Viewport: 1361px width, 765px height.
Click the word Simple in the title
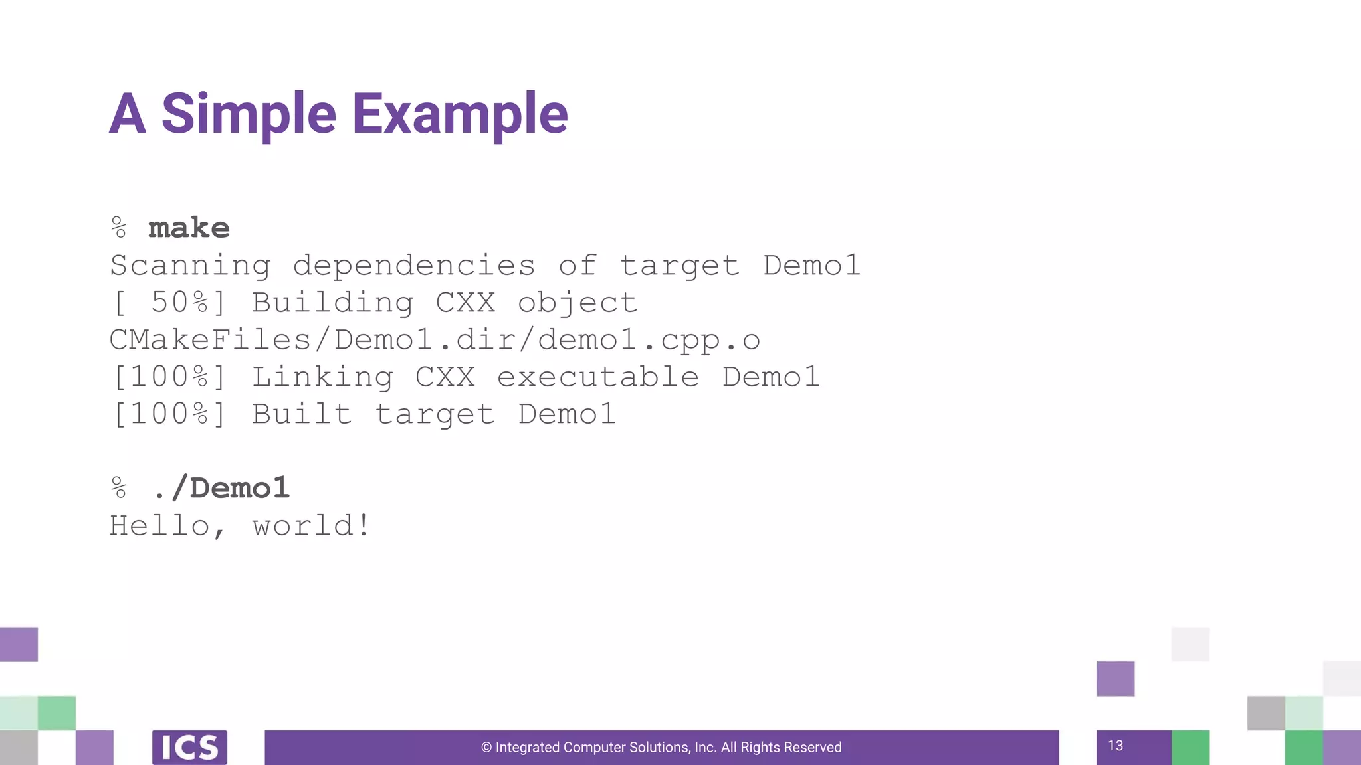tap(249, 114)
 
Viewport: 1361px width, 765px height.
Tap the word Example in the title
tap(460, 114)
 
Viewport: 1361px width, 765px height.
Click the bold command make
tap(189, 228)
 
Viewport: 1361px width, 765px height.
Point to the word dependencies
tap(414, 266)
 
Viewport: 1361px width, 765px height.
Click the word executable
tap(598, 377)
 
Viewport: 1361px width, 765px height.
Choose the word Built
tap(302, 414)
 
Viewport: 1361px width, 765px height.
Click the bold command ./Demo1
tap(221, 489)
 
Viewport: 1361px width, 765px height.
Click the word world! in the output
tap(311, 526)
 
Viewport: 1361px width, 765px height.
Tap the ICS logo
tap(189, 748)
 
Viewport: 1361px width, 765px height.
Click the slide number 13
tap(1116, 746)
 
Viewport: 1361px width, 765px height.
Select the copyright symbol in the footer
tap(486, 748)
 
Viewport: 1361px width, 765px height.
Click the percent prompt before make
tap(119, 228)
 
